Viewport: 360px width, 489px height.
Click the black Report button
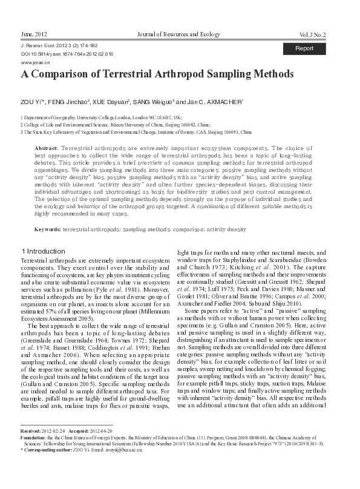(304, 48)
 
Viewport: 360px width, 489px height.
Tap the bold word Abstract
(46, 148)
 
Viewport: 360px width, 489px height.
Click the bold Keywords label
(47, 230)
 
